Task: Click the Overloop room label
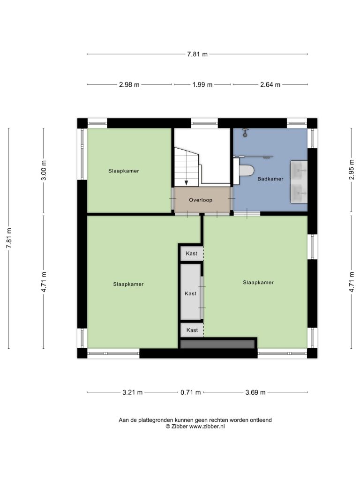201,200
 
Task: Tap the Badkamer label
270,179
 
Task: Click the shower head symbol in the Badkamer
245,133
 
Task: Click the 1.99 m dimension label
202,84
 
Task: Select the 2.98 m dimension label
129,84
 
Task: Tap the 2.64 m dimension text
270,84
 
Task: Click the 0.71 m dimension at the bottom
190,392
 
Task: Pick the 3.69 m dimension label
255,392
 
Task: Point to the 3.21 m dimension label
132,392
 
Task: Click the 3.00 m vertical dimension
44,170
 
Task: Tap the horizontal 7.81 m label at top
197,54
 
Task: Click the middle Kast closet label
190,293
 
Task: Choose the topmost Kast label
192,254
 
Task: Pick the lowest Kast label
192,330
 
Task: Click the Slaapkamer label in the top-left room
124,171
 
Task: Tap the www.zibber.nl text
207,426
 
